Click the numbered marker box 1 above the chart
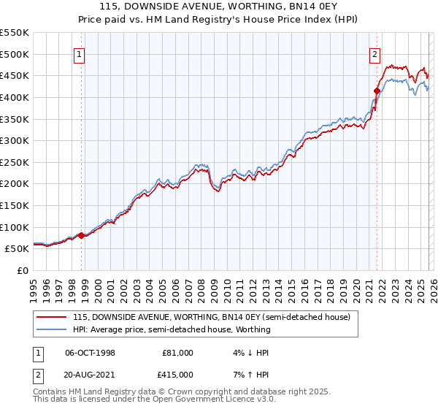[79, 53]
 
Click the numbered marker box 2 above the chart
[374, 53]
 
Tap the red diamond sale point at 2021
[377, 91]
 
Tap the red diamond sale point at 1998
[81, 235]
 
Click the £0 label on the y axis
[23, 271]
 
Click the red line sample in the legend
[52, 318]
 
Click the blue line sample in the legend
[52, 329]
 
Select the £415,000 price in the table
[177, 374]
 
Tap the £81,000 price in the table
[177, 353]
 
